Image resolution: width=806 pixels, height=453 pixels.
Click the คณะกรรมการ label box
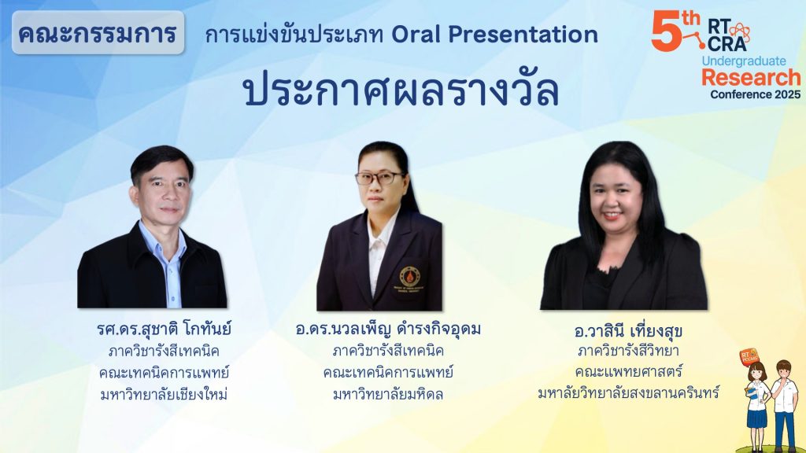(98, 32)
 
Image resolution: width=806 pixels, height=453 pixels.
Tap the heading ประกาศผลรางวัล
(401, 90)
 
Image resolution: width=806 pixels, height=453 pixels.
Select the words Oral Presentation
(494, 35)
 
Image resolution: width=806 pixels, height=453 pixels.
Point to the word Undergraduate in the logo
(744, 61)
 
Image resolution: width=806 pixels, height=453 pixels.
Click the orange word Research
(751, 78)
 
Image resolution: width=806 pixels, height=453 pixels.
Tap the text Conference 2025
(755, 94)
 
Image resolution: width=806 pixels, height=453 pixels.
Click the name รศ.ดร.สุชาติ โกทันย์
(164, 329)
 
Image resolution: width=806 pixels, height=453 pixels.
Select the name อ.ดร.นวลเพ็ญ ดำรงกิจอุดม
(388, 329)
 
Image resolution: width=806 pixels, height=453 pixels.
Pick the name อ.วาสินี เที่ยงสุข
(628, 331)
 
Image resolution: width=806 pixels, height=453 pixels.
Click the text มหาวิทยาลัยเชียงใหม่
(164, 395)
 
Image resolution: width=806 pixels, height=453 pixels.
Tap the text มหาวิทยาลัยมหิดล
(388, 395)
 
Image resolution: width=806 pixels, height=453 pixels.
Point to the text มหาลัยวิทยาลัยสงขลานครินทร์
(628, 393)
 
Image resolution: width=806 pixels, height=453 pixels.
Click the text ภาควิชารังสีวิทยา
(628, 351)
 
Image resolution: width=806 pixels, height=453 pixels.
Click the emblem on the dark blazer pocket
(409, 277)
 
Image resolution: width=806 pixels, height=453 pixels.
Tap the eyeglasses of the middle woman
(379, 179)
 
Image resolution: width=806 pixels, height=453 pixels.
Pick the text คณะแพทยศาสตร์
(628, 372)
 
